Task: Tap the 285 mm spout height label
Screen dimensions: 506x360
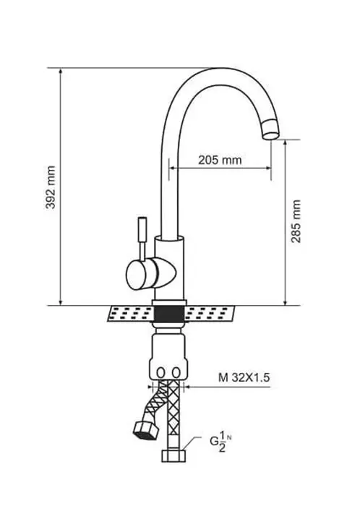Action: coord(297,221)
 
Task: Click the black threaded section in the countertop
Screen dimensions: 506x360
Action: coord(169,313)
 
